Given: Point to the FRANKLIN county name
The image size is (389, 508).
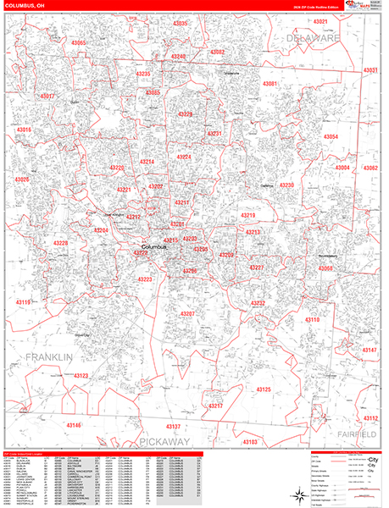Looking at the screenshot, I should [49, 358].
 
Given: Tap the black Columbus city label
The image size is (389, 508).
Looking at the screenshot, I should [154, 247].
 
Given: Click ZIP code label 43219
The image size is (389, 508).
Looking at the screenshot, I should [247, 216].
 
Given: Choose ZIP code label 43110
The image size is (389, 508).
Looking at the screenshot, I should [312, 320].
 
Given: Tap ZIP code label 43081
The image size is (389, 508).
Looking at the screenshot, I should [270, 84].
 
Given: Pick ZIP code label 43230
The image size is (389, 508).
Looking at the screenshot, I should [287, 185].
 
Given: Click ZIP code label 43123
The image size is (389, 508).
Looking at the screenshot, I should [81, 374].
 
